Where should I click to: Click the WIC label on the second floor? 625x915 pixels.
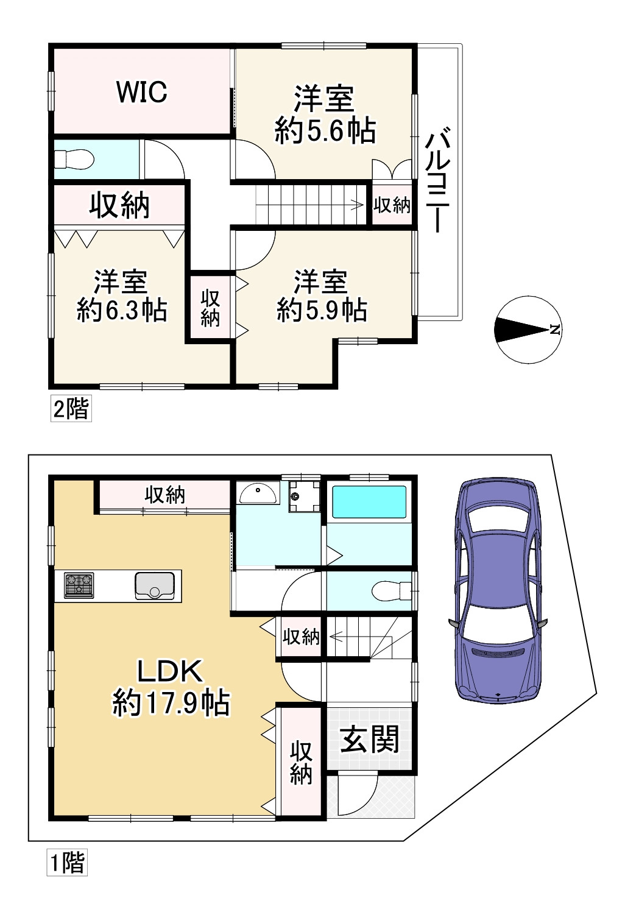pyautogui.click(x=142, y=92)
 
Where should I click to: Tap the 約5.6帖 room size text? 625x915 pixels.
pyautogui.click(x=325, y=130)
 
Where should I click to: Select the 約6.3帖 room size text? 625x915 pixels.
pyautogui.click(x=122, y=311)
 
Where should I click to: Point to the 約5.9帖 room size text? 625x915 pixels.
pyautogui.click(x=322, y=311)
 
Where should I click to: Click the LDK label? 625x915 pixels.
pyautogui.click(x=170, y=671)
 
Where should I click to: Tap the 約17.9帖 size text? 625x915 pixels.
pyautogui.click(x=171, y=703)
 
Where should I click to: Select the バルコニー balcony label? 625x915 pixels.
pyautogui.click(x=438, y=180)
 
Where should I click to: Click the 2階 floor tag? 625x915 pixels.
pyautogui.click(x=71, y=408)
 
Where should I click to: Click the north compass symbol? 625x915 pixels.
pyautogui.click(x=528, y=329)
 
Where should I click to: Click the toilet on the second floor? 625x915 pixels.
pyautogui.click(x=74, y=159)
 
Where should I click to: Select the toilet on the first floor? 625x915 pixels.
pyautogui.click(x=391, y=591)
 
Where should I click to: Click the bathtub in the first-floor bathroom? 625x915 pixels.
pyautogui.click(x=369, y=502)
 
